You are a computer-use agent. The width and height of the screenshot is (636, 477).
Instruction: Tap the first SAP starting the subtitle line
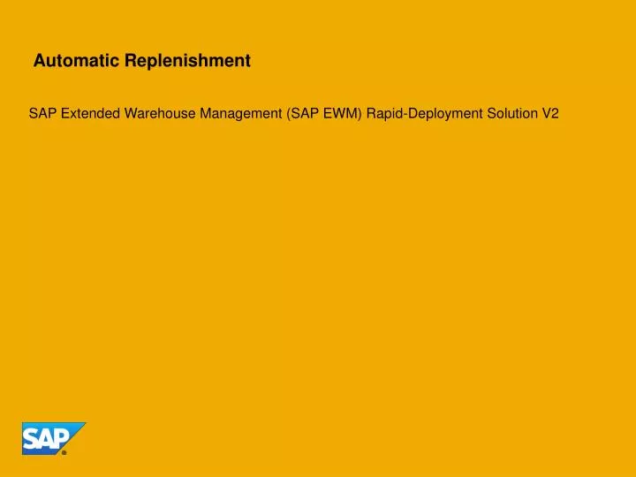click(x=42, y=113)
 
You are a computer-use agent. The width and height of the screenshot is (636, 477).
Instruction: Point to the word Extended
click(x=89, y=113)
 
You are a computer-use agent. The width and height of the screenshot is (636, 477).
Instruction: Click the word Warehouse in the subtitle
click(x=156, y=113)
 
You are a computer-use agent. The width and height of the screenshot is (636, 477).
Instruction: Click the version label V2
click(x=551, y=113)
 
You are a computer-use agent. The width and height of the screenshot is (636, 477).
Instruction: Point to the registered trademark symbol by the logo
click(x=64, y=451)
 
